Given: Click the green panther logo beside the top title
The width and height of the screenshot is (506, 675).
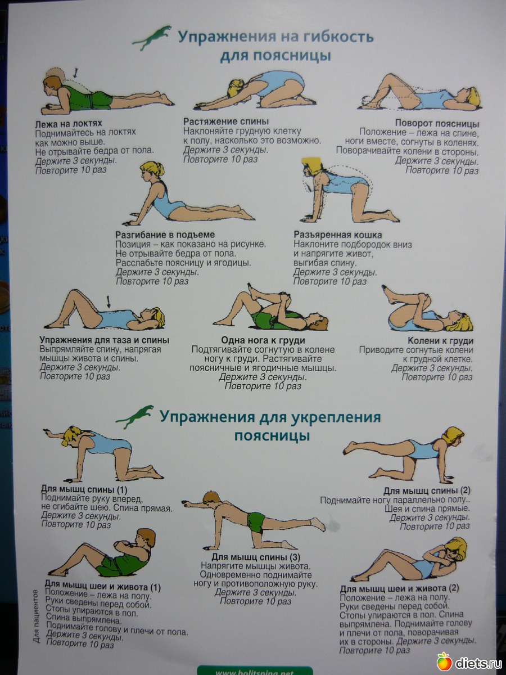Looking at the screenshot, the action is (151, 38).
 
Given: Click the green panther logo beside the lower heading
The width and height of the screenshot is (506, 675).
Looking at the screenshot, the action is (134, 417).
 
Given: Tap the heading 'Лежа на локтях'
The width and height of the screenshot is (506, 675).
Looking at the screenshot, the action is (69, 124).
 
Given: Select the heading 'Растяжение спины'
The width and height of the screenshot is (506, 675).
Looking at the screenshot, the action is (226, 121).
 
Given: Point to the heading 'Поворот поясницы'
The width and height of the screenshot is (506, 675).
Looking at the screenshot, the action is (437, 124).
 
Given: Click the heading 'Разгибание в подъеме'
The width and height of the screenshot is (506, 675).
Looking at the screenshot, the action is (165, 235).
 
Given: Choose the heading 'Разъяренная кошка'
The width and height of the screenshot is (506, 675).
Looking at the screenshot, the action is (338, 235).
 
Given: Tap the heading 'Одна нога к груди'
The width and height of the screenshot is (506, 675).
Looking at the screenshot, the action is (263, 340).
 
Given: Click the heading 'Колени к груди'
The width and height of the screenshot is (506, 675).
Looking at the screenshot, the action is (440, 341).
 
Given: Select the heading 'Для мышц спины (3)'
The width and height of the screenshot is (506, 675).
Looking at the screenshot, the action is (256, 557).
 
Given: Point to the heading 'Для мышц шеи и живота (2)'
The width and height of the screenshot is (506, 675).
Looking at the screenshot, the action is (399, 588).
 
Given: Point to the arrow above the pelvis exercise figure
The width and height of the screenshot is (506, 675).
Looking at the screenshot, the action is (108, 301).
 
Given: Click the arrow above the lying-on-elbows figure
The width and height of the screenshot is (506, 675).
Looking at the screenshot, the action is (75, 73).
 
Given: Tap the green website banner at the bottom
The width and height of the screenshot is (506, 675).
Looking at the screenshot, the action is (255, 671).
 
